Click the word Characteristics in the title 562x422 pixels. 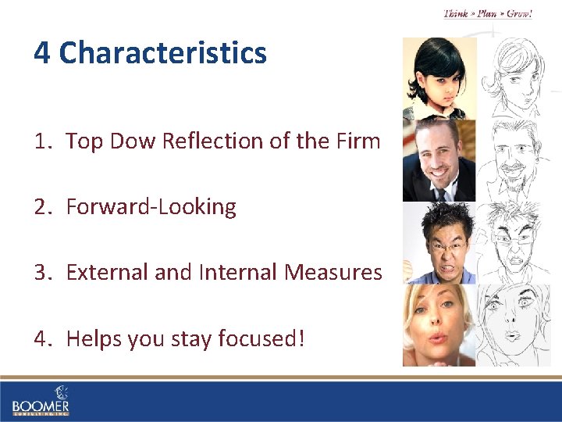click(162, 53)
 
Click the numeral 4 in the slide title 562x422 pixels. click(42, 53)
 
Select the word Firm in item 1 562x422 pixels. click(360, 141)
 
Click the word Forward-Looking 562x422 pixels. click(151, 207)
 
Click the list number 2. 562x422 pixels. click(41, 207)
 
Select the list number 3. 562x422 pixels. click(41, 273)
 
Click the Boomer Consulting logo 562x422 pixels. click(41, 400)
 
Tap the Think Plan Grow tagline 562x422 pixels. click(488, 14)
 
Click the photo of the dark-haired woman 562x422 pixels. click(439, 78)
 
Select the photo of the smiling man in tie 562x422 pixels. click(439, 161)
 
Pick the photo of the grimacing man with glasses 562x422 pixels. click(439, 242)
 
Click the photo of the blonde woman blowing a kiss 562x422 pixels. click(439, 325)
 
